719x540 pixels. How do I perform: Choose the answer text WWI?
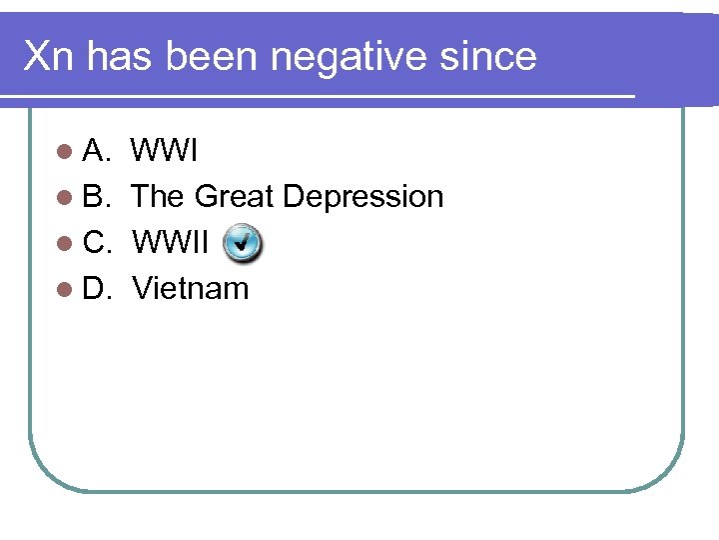(x=165, y=152)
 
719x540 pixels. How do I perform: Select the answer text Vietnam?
(x=190, y=289)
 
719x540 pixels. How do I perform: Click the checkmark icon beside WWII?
(x=243, y=243)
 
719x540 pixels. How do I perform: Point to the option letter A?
(x=97, y=152)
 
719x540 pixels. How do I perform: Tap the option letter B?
(x=97, y=197)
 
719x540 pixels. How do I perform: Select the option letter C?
(x=98, y=243)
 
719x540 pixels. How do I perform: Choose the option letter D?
(x=98, y=289)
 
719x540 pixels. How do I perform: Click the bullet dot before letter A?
(x=65, y=153)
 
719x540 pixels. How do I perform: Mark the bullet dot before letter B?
(x=65, y=198)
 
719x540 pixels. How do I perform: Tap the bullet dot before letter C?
(x=65, y=244)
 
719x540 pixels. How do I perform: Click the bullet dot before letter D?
(x=65, y=290)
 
